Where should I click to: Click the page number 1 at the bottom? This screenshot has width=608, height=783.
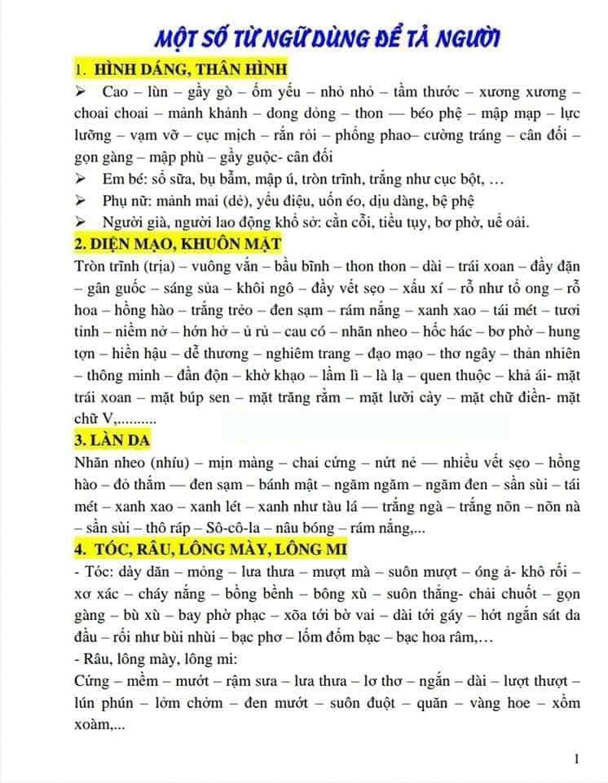point(577,759)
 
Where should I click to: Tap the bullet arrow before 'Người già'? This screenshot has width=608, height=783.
point(82,222)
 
